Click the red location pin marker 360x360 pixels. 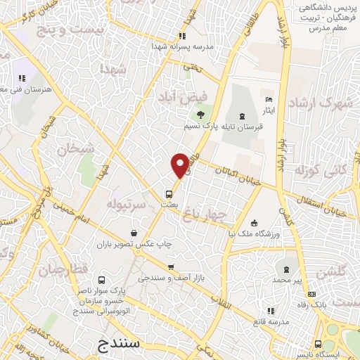coord(181,165)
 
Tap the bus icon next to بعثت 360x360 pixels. coord(169,193)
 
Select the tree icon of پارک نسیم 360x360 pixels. coord(201,114)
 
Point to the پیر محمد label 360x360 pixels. coord(288,280)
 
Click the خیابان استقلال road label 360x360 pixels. coord(328,207)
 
